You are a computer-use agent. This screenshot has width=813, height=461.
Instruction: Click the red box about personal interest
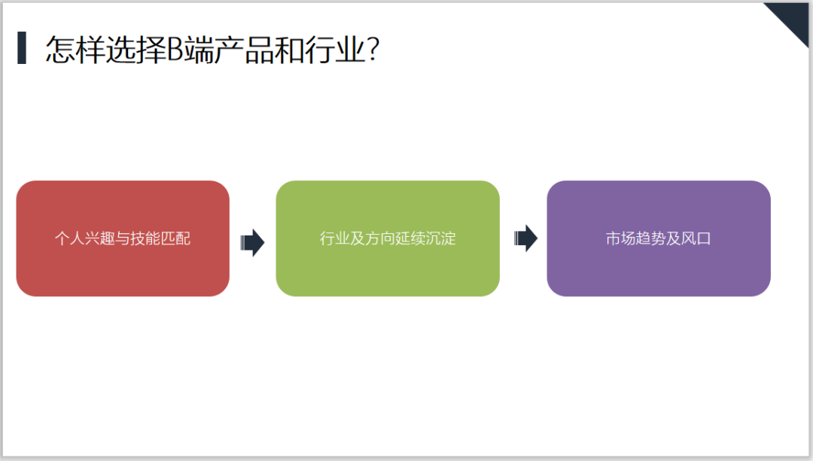123,238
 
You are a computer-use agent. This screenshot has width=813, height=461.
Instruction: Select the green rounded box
388,238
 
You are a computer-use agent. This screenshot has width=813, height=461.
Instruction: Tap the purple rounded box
659,238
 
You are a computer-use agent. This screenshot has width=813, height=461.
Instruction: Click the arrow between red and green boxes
252,242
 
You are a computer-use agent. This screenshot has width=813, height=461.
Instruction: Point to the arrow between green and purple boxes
525,238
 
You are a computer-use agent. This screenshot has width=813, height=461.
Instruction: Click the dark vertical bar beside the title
22,47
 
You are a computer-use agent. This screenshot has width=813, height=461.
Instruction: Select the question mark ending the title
373,50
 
